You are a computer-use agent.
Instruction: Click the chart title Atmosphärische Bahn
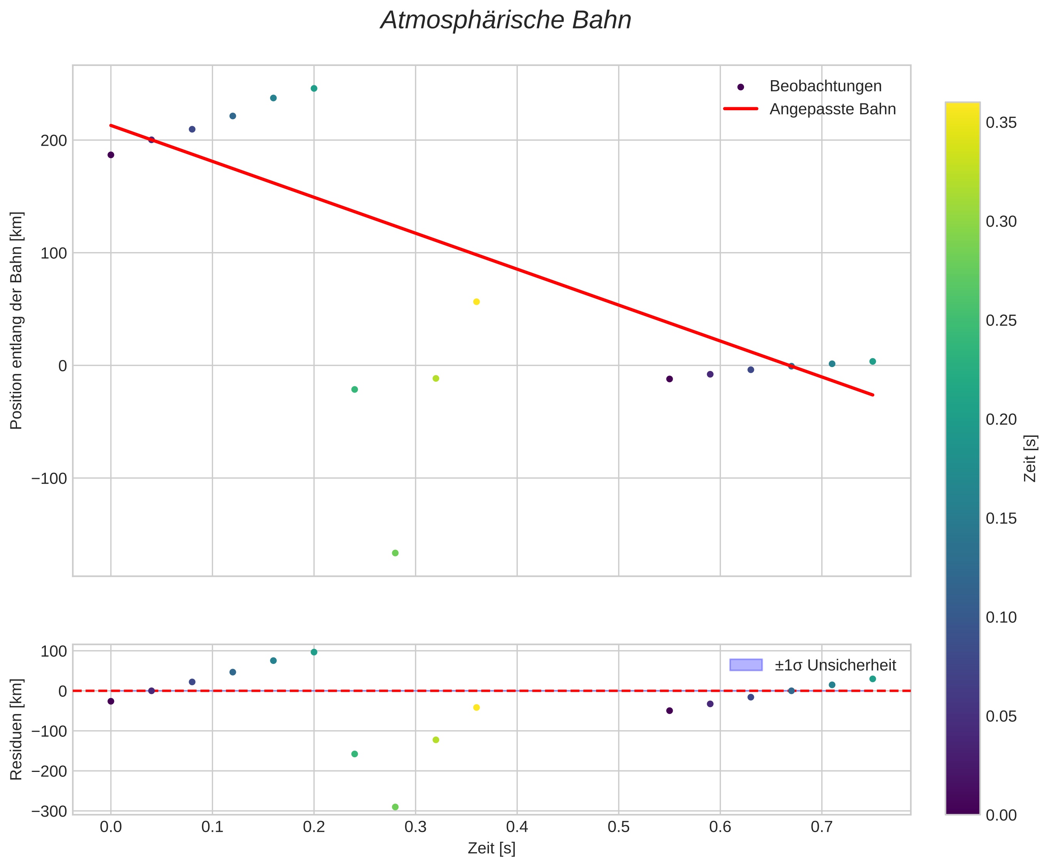506,21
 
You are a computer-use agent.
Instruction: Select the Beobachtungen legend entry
825,86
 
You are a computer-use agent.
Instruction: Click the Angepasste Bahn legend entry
832,109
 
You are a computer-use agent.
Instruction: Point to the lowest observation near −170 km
395,553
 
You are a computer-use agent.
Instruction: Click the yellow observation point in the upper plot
476,302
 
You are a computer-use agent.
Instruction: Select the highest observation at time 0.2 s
314,89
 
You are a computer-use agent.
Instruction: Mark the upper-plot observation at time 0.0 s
111,155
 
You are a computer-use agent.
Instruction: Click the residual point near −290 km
395,807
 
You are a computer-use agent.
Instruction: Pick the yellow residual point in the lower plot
476,708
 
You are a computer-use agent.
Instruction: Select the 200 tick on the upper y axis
53,141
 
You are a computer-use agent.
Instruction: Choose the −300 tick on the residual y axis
49,812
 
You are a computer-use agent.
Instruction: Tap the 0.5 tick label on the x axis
618,827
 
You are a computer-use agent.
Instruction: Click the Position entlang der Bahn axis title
17,320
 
